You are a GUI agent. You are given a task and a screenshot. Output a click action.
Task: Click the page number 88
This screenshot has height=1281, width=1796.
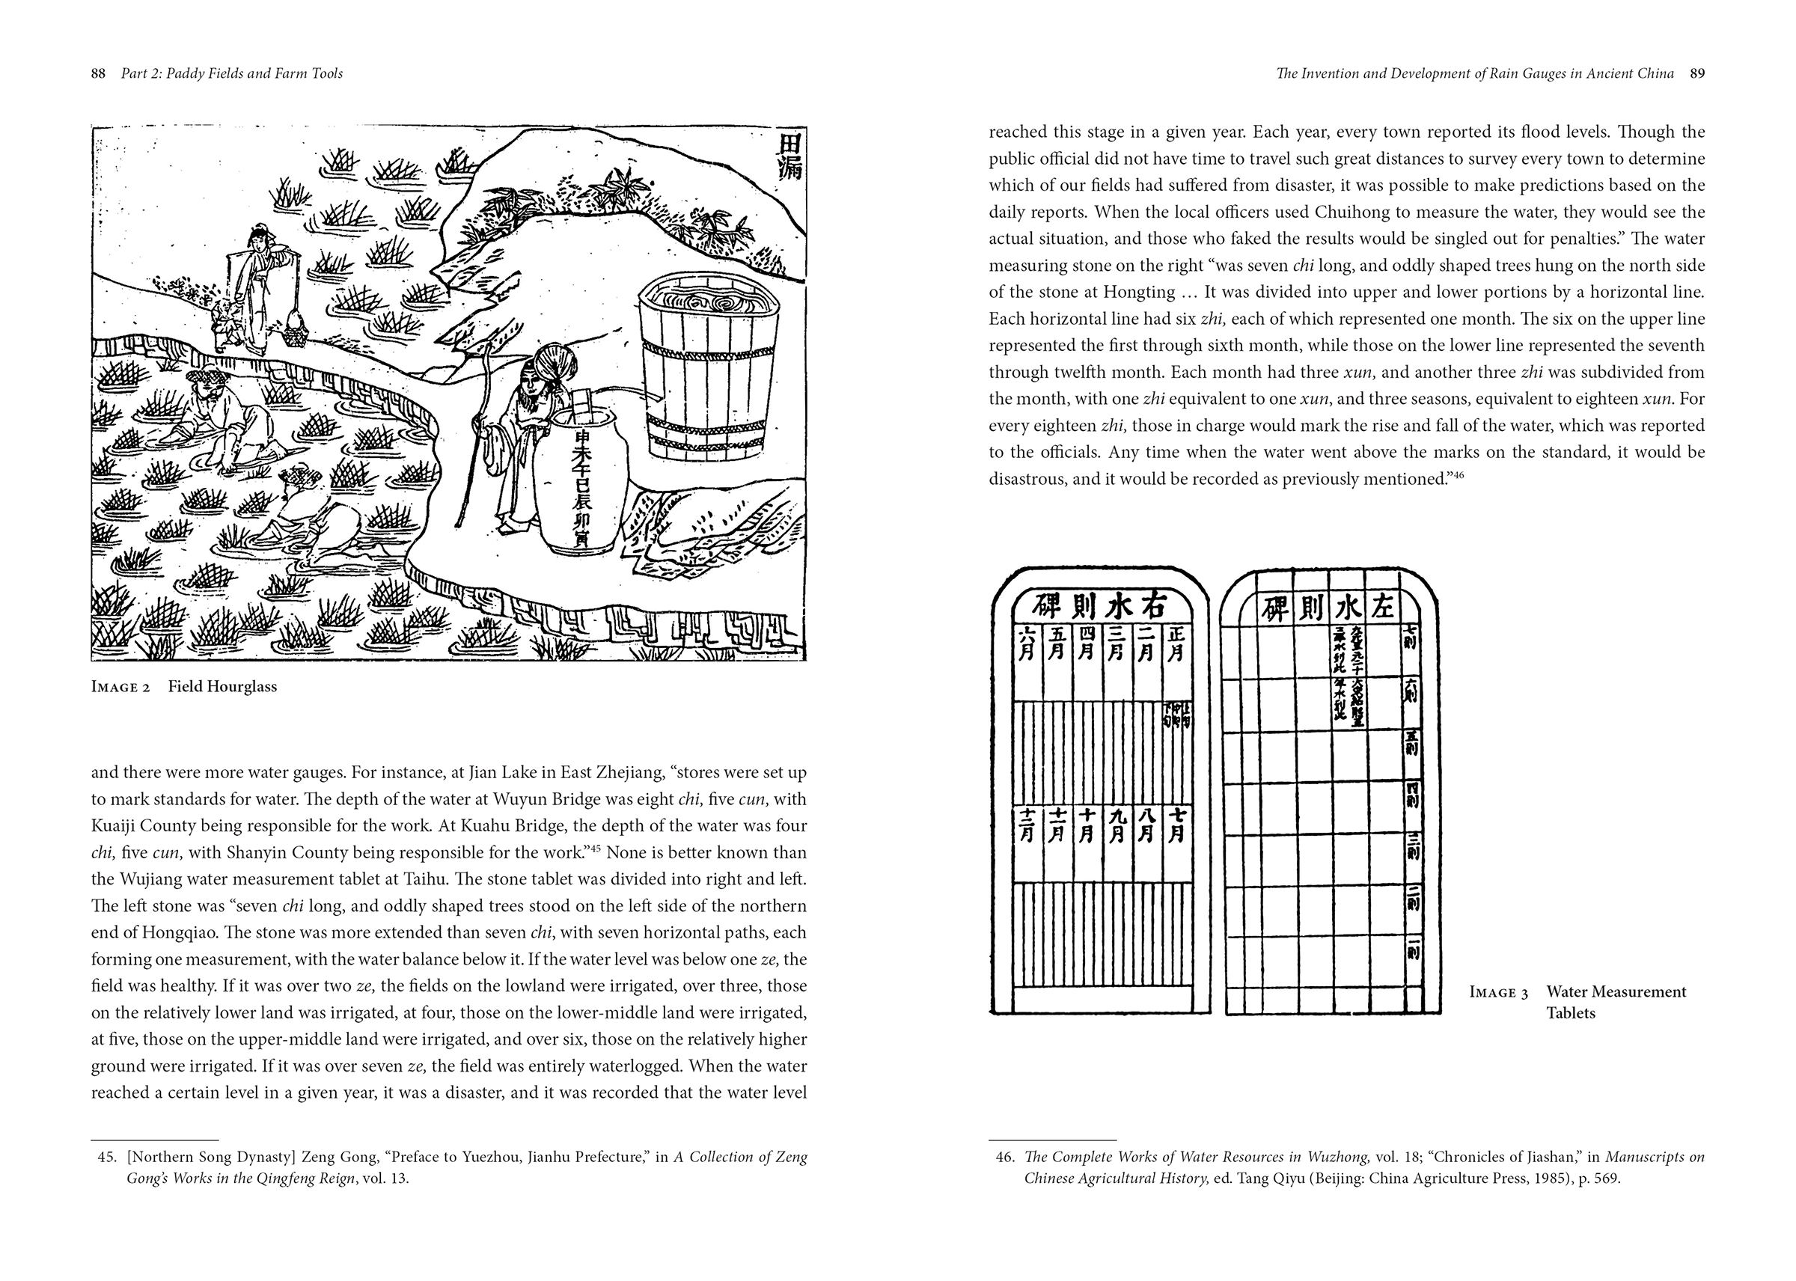tap(99, 74)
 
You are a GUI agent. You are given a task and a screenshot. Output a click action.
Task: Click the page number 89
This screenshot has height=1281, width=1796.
tap(1696, 74)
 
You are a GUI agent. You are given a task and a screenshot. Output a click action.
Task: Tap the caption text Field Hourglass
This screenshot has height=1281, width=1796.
tap(222, 686)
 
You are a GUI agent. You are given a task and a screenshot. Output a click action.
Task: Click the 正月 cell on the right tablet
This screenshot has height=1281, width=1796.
tap(1174, 644)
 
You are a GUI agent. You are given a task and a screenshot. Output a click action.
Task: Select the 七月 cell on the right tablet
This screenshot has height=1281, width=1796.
tap(1174, 825)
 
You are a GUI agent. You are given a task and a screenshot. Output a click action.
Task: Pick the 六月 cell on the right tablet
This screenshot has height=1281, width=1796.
tap(1027, 644)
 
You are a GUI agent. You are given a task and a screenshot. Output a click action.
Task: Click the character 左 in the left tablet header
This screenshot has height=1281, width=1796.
tap(1384, 608)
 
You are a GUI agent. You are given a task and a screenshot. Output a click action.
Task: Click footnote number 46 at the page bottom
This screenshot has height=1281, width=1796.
tap(1004, 1157)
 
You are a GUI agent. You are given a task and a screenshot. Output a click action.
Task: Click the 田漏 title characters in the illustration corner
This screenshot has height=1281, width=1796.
tap(788, 156)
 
